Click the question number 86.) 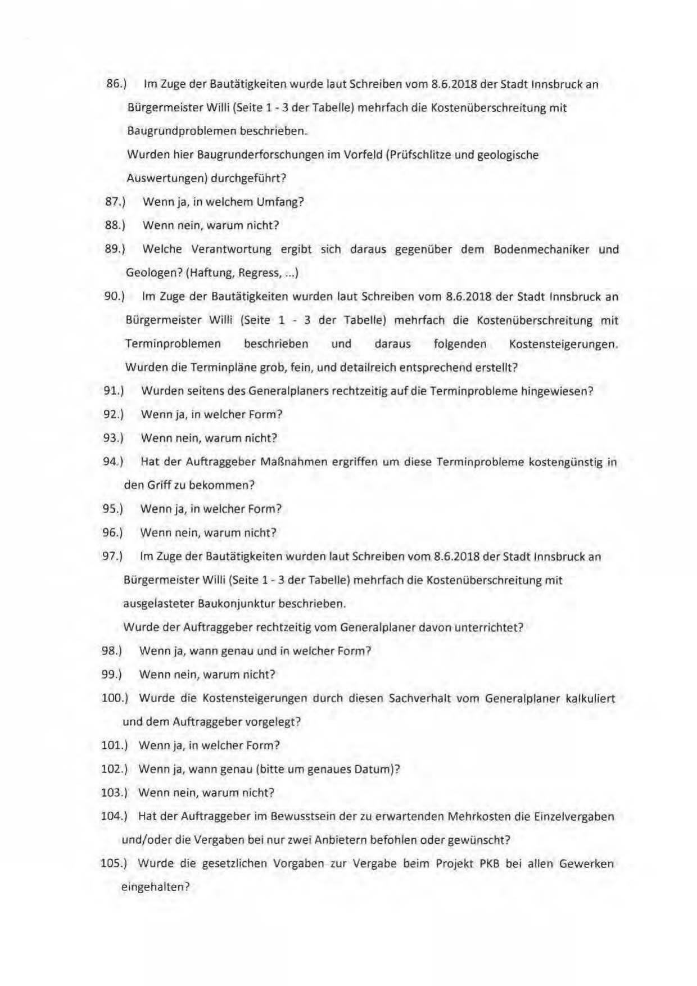(116, 84)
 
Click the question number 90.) (114, 296)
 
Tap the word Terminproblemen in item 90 (173, 343)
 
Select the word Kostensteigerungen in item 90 (562, 343)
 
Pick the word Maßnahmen (287, 462)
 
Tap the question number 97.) (112, 557)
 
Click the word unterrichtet (489, 627)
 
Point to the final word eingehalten (153, 887)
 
